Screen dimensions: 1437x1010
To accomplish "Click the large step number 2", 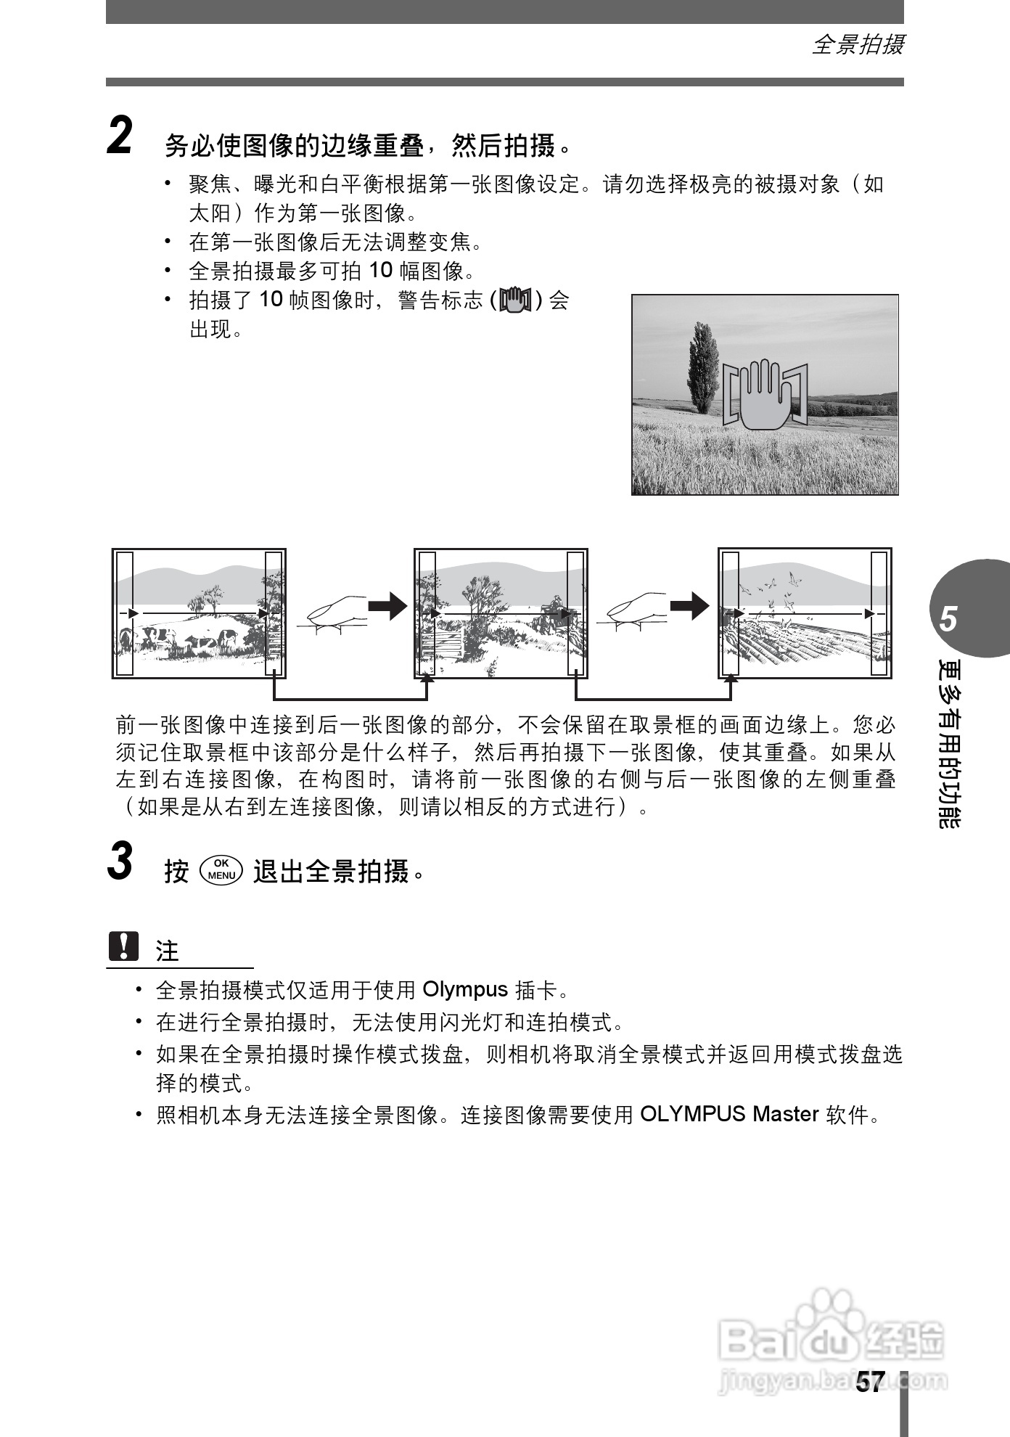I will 120,136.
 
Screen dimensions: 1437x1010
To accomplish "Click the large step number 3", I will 120,861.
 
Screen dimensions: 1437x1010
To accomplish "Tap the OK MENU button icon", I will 221,869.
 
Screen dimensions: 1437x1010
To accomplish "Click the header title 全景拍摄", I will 857,45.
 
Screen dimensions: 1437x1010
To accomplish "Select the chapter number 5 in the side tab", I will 948,619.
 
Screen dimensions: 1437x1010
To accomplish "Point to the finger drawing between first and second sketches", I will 336,613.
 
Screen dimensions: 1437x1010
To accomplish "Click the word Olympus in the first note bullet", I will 464,990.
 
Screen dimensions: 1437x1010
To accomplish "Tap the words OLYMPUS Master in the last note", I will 729,1114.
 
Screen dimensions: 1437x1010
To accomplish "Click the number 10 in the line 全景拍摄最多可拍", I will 380,271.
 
